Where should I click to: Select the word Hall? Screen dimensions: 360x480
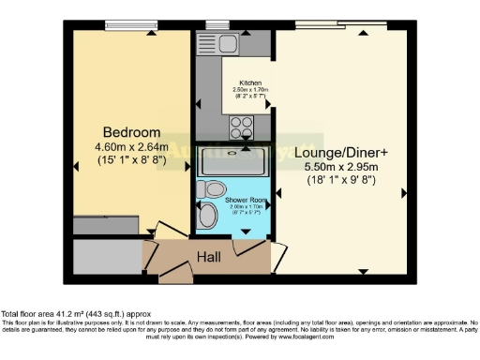(209, 256)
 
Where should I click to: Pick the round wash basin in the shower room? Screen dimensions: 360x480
(210, 217)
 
